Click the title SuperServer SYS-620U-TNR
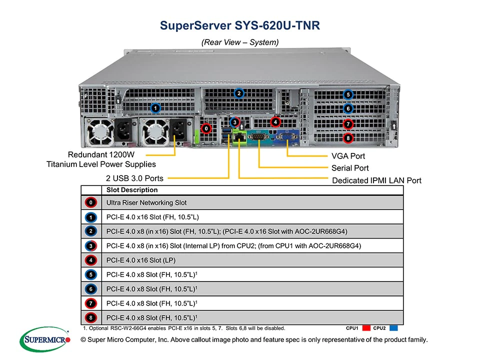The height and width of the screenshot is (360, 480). (239, 25)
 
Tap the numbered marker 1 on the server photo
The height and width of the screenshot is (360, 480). (155, 108)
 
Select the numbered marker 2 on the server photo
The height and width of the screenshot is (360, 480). (239, 93)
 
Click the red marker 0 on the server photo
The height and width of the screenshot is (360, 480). (206, 128)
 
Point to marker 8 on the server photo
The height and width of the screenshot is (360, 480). (348, 138)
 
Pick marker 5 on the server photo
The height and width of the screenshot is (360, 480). (348, 94)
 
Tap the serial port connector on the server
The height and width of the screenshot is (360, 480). (258, 136)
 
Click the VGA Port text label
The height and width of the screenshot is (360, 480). (348, 156)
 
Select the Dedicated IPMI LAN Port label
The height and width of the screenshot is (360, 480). (376, 180)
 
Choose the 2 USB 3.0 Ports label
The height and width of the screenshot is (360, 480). (134, 178)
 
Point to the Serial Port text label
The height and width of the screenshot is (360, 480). (350, 168)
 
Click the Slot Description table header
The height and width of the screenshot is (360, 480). (132, 190)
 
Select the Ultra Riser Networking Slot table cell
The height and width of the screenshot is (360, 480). (146, 202)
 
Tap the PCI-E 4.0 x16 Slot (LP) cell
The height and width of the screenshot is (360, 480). (141, 260)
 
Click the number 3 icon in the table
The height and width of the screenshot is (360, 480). (91, 246)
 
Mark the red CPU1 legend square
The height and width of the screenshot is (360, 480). (366, 328)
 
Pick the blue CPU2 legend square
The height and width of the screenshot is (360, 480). (393, 328)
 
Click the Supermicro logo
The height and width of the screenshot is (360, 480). (45, 339)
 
